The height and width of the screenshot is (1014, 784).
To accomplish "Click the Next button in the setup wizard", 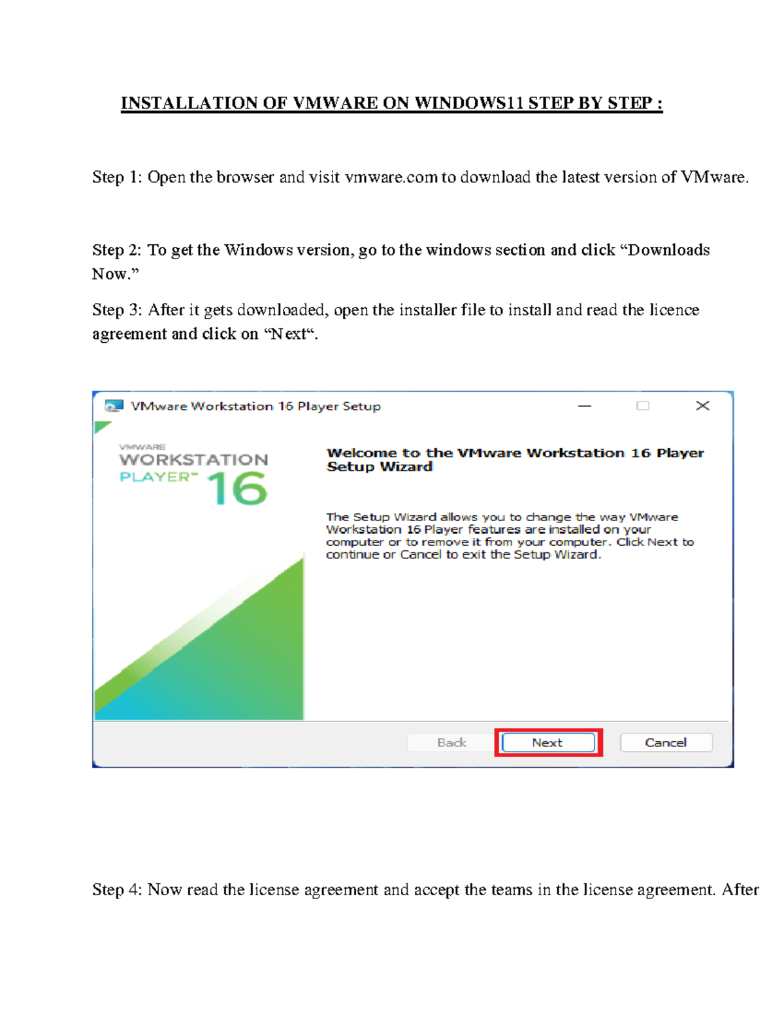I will coord(548,742).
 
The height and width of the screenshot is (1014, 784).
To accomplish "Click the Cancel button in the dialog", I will coord(666,742).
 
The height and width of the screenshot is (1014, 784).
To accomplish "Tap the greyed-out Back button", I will coord(451,742).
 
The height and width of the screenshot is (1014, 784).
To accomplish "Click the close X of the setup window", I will coord(702,406).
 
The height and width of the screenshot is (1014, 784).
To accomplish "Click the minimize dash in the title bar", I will coord(585,406).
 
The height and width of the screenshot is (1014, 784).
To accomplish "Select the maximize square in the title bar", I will coord(643,406).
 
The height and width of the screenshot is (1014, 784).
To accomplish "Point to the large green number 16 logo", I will coord(237,490).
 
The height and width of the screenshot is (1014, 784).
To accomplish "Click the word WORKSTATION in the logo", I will coord(193,460).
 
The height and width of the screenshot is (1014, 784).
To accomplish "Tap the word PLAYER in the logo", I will coord(155,477).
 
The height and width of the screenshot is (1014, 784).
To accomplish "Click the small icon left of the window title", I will coord(114,406).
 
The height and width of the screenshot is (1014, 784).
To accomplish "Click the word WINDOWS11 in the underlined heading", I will coord(468,103).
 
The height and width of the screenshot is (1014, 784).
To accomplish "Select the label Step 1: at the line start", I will coord(117,178).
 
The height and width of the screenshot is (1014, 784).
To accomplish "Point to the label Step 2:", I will coord(117,250).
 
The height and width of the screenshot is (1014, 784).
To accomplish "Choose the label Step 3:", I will coord(117,310).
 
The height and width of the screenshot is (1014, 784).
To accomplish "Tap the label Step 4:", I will coord(117,890).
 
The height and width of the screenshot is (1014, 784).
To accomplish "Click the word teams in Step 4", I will coord(511,890).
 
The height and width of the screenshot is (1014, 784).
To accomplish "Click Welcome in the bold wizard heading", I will coord(361,453).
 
